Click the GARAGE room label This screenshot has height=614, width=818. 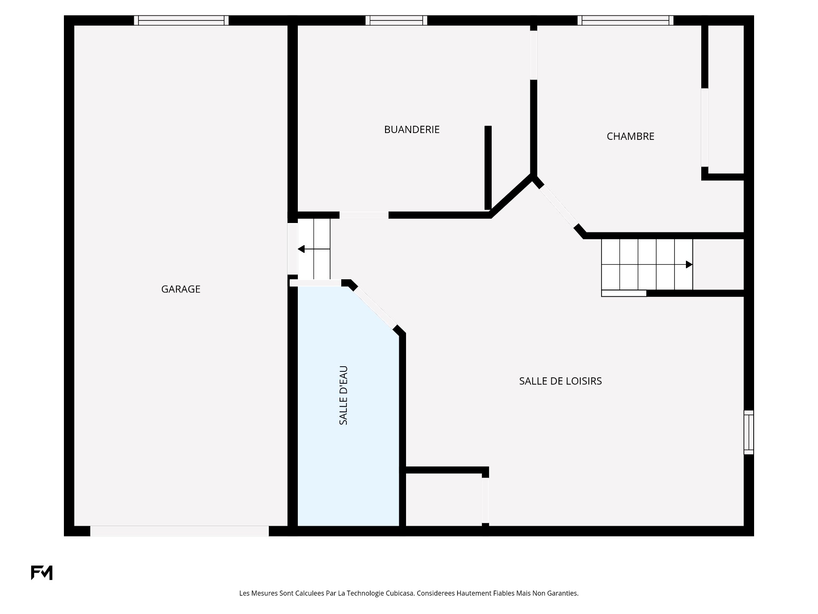[181, 289]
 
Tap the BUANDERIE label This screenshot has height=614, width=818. [412, 130]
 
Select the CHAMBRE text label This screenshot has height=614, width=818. [630, 136]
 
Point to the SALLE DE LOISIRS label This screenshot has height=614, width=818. [560, 381]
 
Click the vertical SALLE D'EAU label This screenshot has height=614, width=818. [343, 395]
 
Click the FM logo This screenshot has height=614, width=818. [42, 573]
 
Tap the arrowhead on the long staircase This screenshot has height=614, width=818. [689, 265]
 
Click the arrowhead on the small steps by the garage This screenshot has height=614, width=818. [301, 249]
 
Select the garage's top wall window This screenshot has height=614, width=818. [181, 20]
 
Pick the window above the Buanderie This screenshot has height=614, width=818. [396, 20]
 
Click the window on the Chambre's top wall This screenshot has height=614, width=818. [625, 20]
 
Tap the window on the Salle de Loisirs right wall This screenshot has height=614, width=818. [749, 432]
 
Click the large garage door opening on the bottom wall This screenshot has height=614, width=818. [179, 531]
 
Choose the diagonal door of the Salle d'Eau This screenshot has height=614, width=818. [375, 307]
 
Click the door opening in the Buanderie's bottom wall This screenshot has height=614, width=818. [364, 215]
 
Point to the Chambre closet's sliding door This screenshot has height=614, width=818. [705, 127]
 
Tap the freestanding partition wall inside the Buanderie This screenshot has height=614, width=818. [488, 168]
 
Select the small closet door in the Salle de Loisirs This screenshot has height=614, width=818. [485, 500]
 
